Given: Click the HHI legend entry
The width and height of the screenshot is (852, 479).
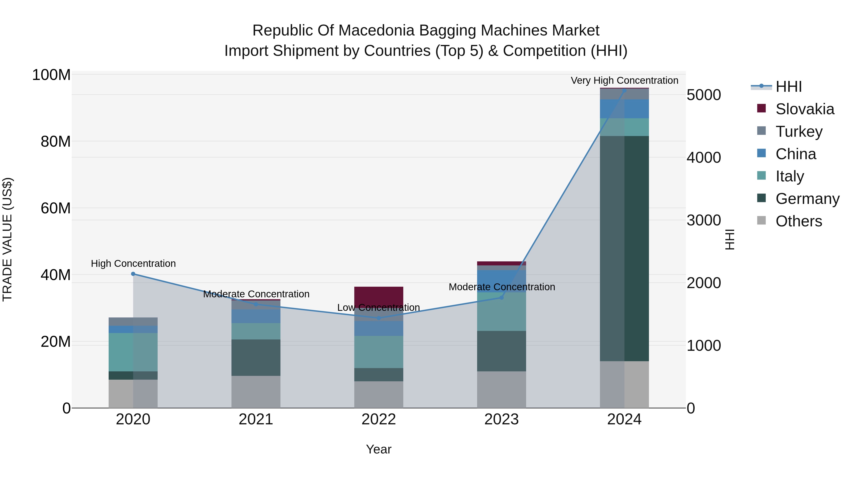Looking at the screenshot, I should [x=789, y=87].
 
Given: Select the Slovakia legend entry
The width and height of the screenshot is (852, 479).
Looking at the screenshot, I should [x=804, y=109].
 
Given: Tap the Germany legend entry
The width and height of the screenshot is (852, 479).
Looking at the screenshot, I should [x=807, y=199].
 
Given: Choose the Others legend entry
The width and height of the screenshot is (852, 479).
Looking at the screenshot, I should [x=799, y=221].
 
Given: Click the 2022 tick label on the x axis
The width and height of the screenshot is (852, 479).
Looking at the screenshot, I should [x=378, y=419].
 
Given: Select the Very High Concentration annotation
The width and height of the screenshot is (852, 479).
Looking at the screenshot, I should [x=624, y=80].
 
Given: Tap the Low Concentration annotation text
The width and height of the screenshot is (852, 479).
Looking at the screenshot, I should [x=378, y=308].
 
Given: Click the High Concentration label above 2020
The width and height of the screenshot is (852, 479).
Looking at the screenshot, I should [x=133, y=264].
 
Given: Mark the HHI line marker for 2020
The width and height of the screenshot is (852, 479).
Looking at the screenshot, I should [x=133, y=274].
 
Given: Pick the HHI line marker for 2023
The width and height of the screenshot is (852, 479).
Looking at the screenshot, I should [x=501, y=298].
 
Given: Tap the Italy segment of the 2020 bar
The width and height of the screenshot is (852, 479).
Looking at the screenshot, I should [x=133, y=352].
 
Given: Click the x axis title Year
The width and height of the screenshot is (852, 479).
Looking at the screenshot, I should [x=378, y=449].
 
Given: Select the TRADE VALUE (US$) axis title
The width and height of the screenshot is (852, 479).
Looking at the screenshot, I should [x=7, y=239].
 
